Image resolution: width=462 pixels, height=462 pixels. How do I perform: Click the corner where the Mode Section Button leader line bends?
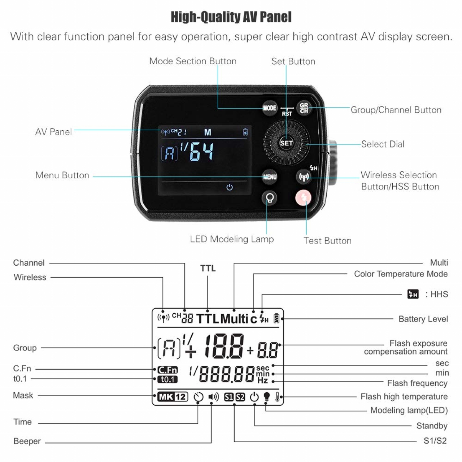(218, 108)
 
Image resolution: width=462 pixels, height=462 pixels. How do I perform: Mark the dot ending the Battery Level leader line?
(282, 319)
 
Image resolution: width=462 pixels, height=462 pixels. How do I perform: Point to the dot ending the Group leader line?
(155, 348)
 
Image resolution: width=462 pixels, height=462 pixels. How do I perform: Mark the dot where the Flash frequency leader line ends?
(273, 382)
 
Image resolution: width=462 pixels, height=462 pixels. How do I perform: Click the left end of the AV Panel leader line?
(75, 130)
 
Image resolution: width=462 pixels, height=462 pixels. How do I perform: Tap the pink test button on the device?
(303, 197)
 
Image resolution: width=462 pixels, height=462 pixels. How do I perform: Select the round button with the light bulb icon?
(270, 198)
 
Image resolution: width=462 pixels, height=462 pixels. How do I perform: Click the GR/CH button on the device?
(304, 108)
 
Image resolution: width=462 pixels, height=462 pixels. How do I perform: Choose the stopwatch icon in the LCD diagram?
(199, 397)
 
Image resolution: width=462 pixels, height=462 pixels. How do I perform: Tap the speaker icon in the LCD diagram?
(213, 397)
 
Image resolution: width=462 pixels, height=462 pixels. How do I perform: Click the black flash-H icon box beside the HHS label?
(413, 294)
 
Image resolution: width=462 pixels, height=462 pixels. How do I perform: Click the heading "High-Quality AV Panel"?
(231, 17)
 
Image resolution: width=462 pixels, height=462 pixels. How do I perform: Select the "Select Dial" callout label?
(383, 144)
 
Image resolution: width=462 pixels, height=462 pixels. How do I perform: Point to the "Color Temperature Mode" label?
(401, 274)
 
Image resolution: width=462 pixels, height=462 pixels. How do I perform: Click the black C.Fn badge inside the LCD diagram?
(167, 370)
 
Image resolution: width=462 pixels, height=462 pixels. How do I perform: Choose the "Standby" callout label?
(432, 426)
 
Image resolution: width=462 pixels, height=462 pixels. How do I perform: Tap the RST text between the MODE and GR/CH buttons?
(287, 114)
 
